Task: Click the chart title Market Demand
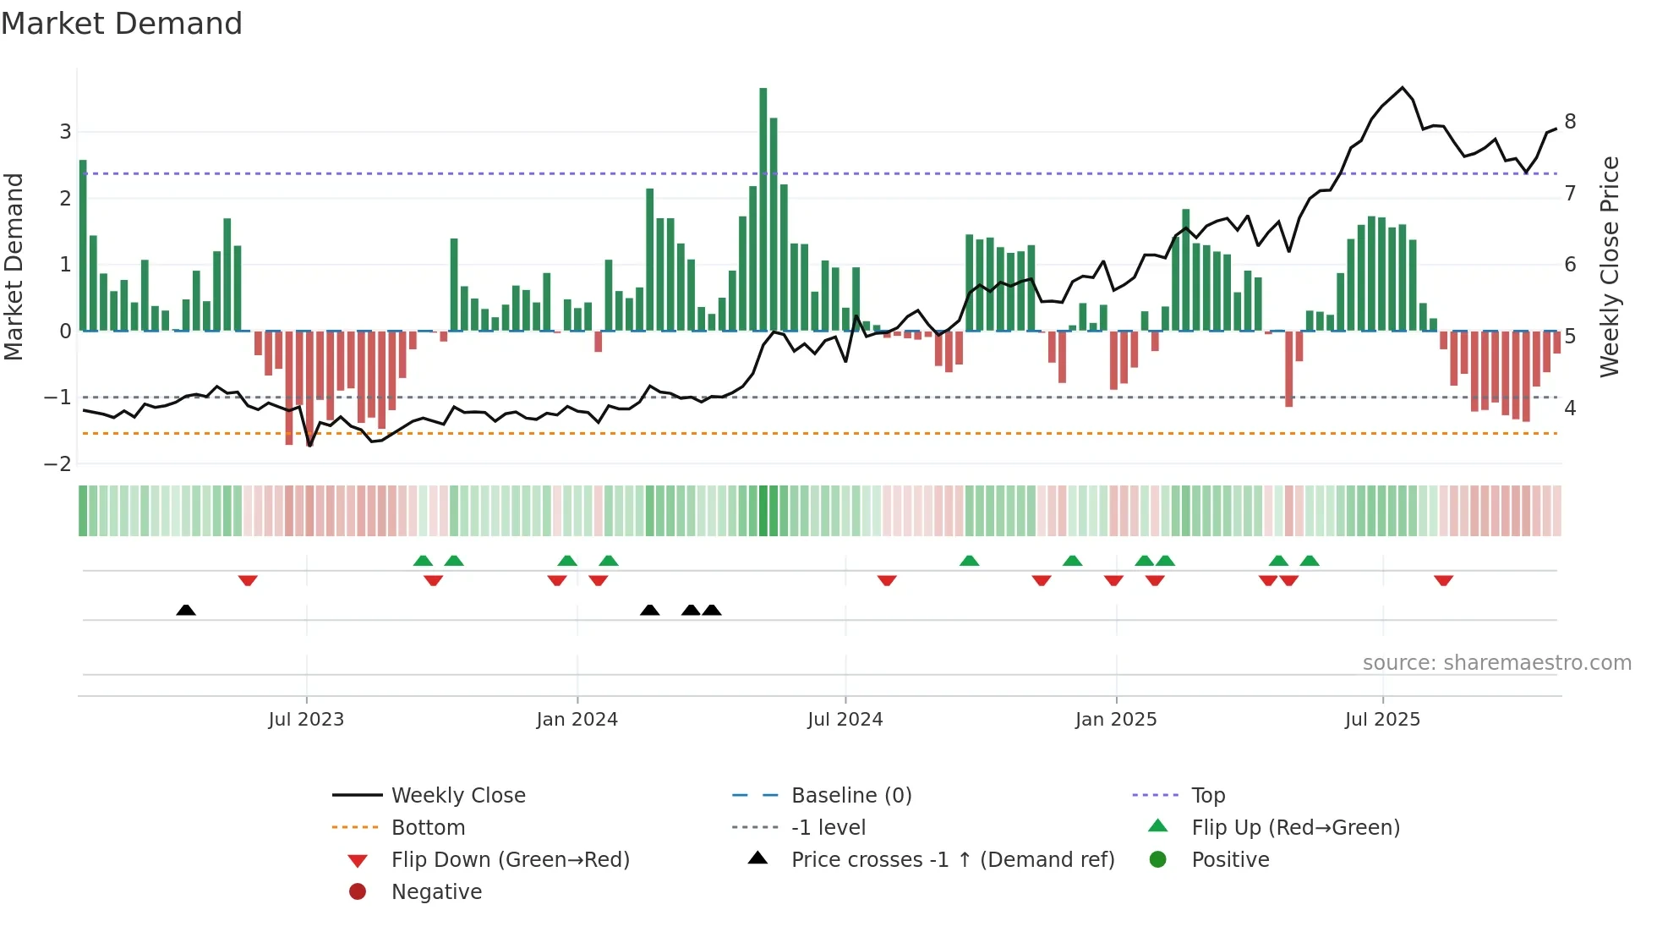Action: pyautogui.click(x=122, y=24)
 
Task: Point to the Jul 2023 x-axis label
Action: pyautogui.click(x=306, y=720)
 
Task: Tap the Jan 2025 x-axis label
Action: pyautogui.click(x=1116, y=720)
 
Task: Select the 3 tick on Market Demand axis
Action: pyautogui.click(x=65, y=132)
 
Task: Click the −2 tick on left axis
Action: pyautogui.click(x=58, y=463)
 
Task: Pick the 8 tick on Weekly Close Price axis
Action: pyautogui.click(x=1570, y=122)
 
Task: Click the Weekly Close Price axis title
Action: pyautogui.click(x=1610, y=266)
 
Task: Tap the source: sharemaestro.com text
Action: pyautogui.click(x=1496, y=663)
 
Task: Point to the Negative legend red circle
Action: pyautogui.click(x=358, y=892)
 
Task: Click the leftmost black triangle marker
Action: pyautogui.click(x=186, y=611)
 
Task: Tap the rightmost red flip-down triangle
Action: pyautogui.click(x=1443, y=580)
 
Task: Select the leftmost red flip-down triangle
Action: pyautogui.click(x=248, y=580)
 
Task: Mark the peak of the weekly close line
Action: pyautogui.click(x=1403, y=88)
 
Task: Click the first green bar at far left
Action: pyautogui.click(x=83, y=245)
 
